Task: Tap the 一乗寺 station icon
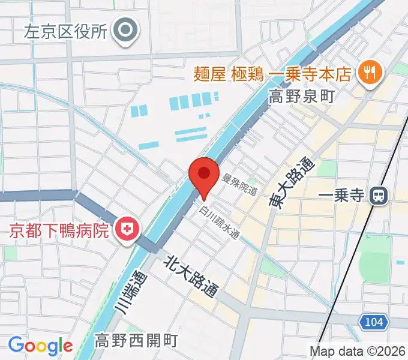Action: [378, 195]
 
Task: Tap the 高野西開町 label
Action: [136, 341]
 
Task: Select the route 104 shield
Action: [373, 323]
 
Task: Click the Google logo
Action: [40, 346]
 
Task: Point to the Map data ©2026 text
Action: [358, 352]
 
